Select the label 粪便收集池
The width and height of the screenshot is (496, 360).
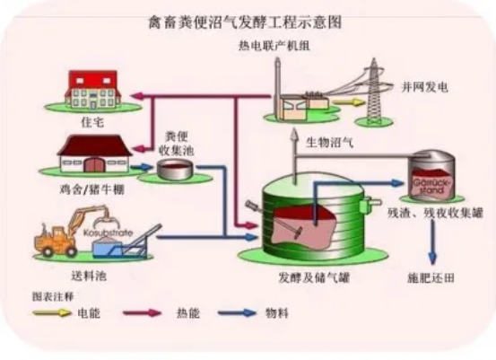point(176,141)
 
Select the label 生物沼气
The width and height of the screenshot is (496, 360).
point(329,142)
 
